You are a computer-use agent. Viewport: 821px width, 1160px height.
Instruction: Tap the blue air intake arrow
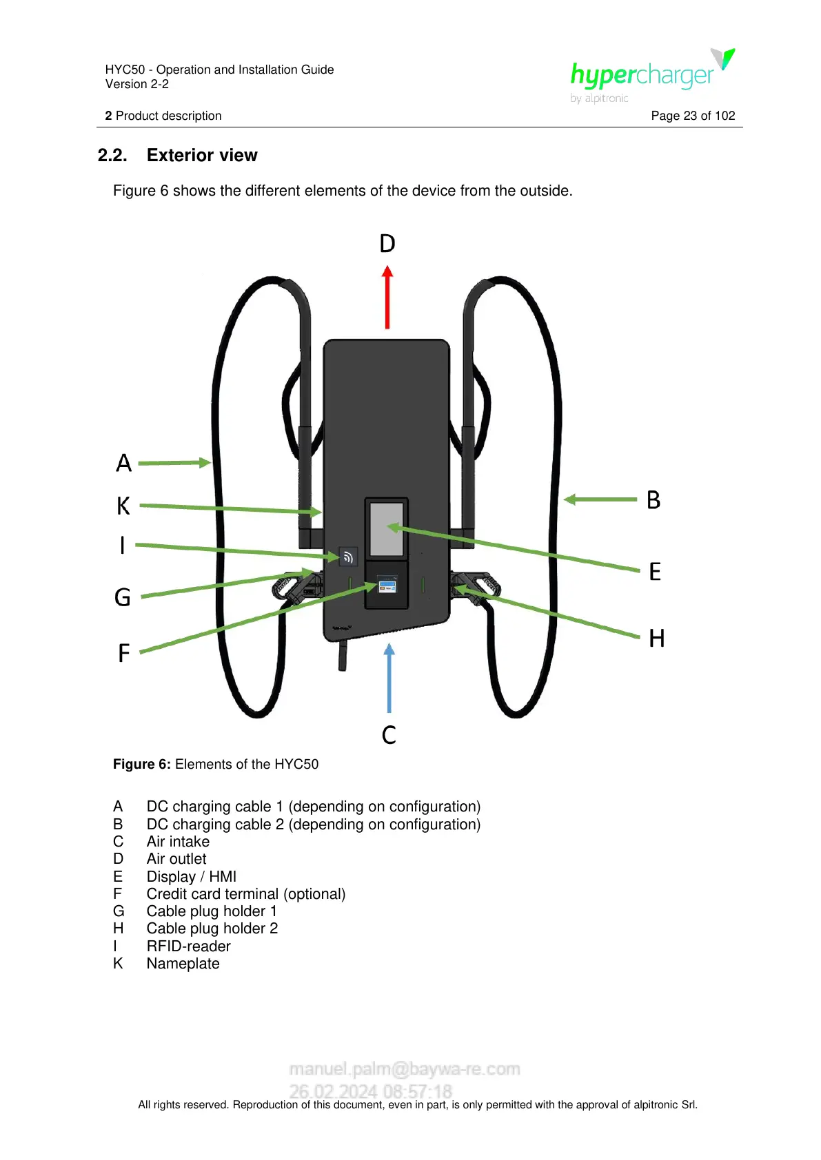(x=389, y=678)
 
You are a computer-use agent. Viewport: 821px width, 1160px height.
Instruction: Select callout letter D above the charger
(x=387, y=244)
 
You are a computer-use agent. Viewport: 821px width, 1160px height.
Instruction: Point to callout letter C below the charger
(x=389, y=735)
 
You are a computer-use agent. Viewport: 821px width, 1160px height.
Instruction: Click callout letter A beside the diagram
(x=123, y=463)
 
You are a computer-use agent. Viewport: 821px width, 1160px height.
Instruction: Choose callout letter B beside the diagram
(x=653, y=500)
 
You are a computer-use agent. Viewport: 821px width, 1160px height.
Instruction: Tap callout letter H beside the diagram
(x=656, y=639)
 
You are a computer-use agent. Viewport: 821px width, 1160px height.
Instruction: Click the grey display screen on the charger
(x=386, y=529)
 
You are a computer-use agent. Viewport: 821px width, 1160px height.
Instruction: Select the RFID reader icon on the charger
(x=348, y=557)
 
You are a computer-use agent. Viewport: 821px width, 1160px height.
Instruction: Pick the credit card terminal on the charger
(x=387, y=586)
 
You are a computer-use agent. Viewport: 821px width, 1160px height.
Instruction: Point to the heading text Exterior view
(x=202, y=156)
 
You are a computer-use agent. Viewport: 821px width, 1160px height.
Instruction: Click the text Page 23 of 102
(x=693, y=116)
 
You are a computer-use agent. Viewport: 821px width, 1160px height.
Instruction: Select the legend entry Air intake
(x=178, y=842)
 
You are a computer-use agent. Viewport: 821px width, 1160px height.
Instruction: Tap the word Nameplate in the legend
(x=183, y=964)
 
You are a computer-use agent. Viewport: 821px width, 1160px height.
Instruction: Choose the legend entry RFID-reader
(x=188, y=946)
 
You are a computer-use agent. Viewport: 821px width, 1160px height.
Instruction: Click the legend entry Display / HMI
(x=191, y=877)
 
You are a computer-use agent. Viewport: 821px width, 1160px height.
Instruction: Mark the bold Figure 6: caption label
(x=142, y=765)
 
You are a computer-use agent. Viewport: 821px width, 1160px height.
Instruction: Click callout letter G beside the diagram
(x=123, y=597)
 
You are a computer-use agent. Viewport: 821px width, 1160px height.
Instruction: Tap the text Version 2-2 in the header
(x=137, y=84)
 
